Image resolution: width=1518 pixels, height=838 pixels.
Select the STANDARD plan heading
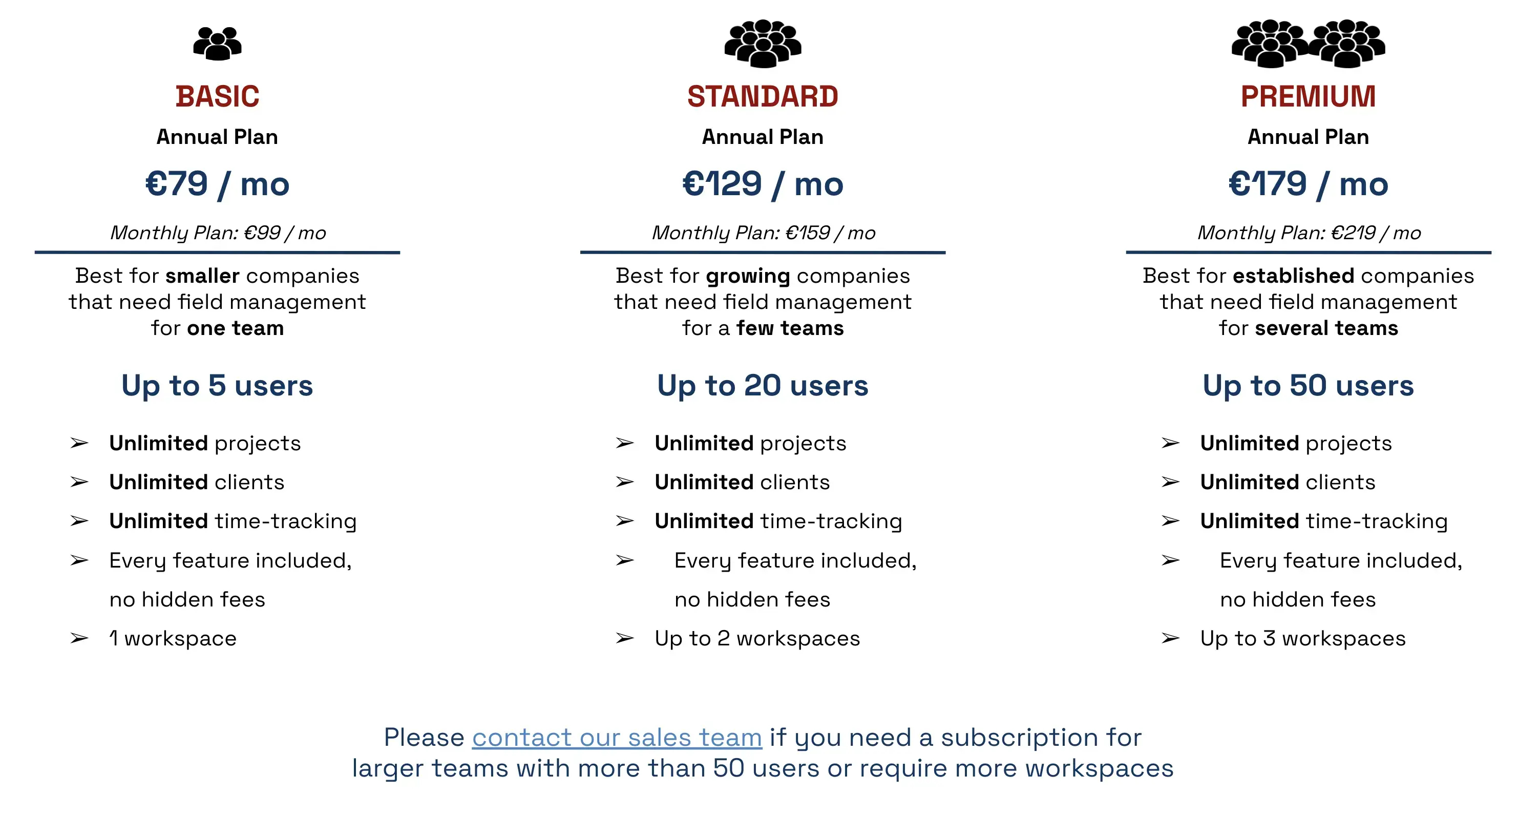coord(763,97)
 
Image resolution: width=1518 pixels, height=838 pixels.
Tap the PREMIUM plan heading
coord(1308,97)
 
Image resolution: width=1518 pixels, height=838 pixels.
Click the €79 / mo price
coord(218,184)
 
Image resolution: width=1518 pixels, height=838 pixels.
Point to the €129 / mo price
coord(763,184)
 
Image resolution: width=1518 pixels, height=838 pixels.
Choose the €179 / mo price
coord(1308,184)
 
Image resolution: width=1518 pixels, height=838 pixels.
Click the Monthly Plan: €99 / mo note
coord(218,233)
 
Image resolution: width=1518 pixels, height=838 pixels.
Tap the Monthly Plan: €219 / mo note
coord(1309,233)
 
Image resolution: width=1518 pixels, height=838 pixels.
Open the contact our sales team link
coord(617,737)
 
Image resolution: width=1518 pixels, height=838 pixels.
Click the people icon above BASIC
coord(218,43)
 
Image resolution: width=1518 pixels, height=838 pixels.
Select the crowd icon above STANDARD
coord(763,43)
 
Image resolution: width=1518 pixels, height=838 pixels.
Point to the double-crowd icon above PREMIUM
coord(1308,43)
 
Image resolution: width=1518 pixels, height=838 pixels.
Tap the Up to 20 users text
coord(763,386)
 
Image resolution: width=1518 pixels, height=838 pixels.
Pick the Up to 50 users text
coord(1308,386)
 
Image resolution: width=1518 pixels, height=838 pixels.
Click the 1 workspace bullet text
coord(173,638)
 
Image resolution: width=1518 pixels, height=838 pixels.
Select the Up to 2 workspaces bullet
coord(757,638)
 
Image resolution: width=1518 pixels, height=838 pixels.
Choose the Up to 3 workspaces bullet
coord(1303,638)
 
